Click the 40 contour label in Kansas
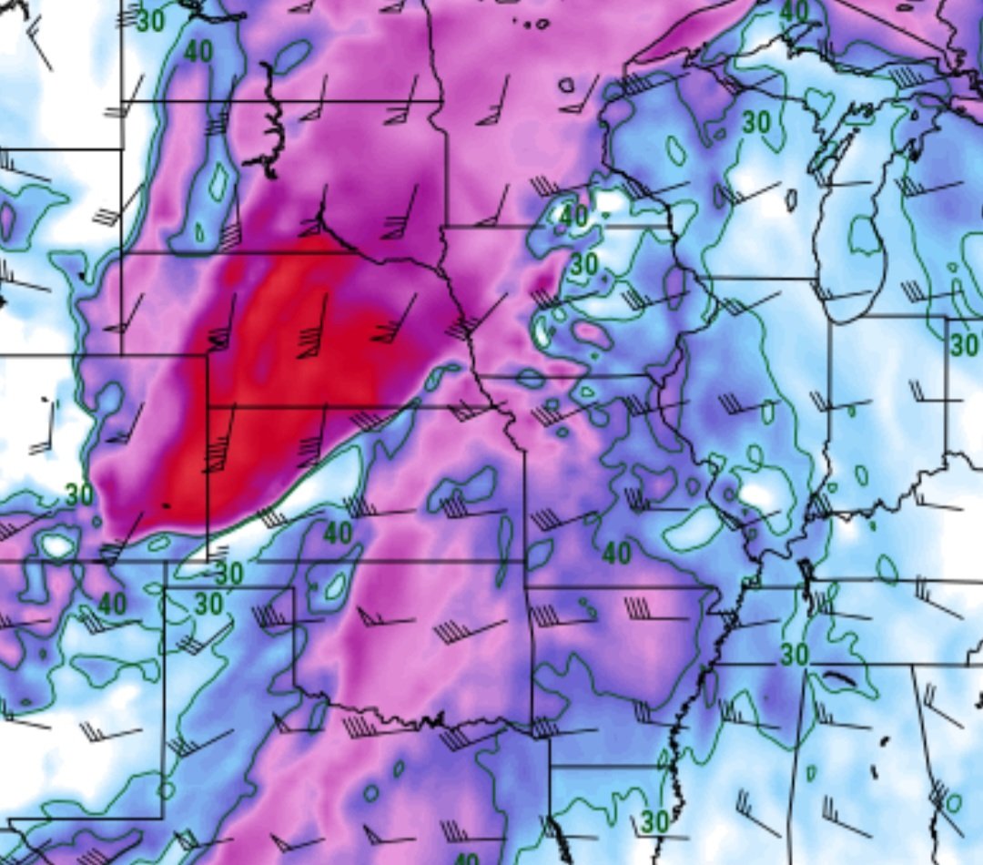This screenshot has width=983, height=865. pyautogui.click(x=338, y=533)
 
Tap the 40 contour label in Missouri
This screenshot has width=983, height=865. pyautogui.click(x=617, y=552)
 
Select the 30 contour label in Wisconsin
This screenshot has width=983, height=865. pyautogui.click(x=755, y=121)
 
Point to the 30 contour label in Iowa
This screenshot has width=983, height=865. pyautogui.click(x=584, y=264)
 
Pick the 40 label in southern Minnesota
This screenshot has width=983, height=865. pyautogui.click(x=573, y=216)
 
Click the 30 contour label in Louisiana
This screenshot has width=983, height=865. pyautogui.click(x=654, y=821)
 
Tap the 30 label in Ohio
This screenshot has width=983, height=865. pyautogui.click(x=963, y=345)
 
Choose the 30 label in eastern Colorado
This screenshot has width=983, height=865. pyautogui.click(x=79, y=495)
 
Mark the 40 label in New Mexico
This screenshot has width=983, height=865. pyautogui.click(x=112, y=603)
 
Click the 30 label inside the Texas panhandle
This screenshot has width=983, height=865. pyautogui.click(x=209, y=603)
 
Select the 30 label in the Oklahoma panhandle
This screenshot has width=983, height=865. pyautogui.click(x=228, y=574)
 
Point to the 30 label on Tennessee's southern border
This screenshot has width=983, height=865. pyautogui.click(x=795, y=654)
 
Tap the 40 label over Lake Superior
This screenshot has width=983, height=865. pyautogui.click(x=795, y=11)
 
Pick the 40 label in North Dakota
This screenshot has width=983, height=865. pyautogui.click(x=198, y=52)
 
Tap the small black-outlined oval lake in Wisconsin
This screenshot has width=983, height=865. pyautogui.click(x=791, y=199)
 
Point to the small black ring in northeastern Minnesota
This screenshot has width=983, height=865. pyautogui.click(x=567, y=86)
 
